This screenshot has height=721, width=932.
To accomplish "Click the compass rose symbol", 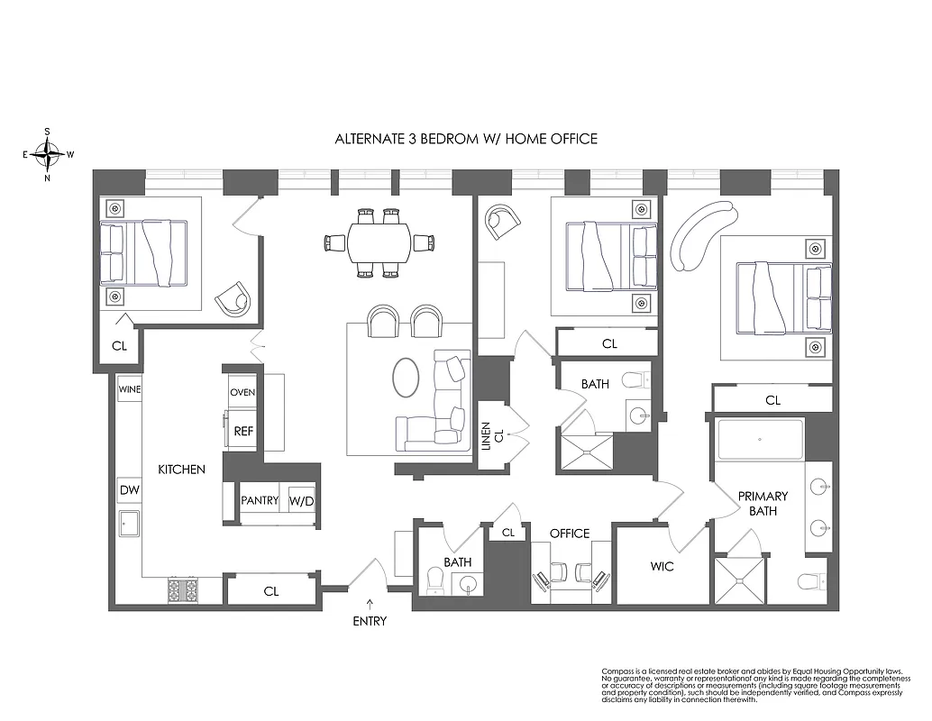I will (x=47, y=153).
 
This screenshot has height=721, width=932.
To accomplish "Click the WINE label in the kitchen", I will (x=129, y=389).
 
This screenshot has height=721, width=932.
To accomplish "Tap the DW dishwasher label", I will (x=129, y=490).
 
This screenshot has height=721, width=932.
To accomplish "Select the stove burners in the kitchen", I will (x=183, y=590).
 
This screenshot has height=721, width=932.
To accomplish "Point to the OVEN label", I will (x=243, y=393).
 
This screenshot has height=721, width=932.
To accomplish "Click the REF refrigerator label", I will (x=243, y=432).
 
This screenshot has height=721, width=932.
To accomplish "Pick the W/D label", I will (x=300, y=500).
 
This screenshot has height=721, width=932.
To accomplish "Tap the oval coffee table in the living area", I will (x=407, y=378).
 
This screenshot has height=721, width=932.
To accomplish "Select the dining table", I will (x=379, y=242).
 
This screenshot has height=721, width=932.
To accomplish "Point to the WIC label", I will (x=662, y=567).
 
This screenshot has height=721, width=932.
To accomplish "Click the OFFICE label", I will (x=570, y=534).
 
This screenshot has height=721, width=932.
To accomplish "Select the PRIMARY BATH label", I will (x=763, y=503).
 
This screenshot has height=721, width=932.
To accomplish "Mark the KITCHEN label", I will (x=182, y=470).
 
